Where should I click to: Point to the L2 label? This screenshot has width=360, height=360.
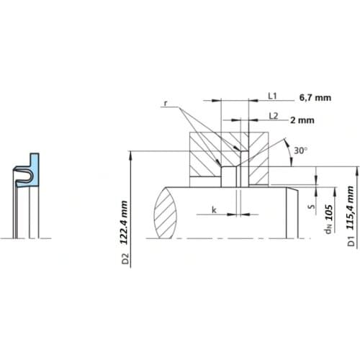click(x=273, y=115)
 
